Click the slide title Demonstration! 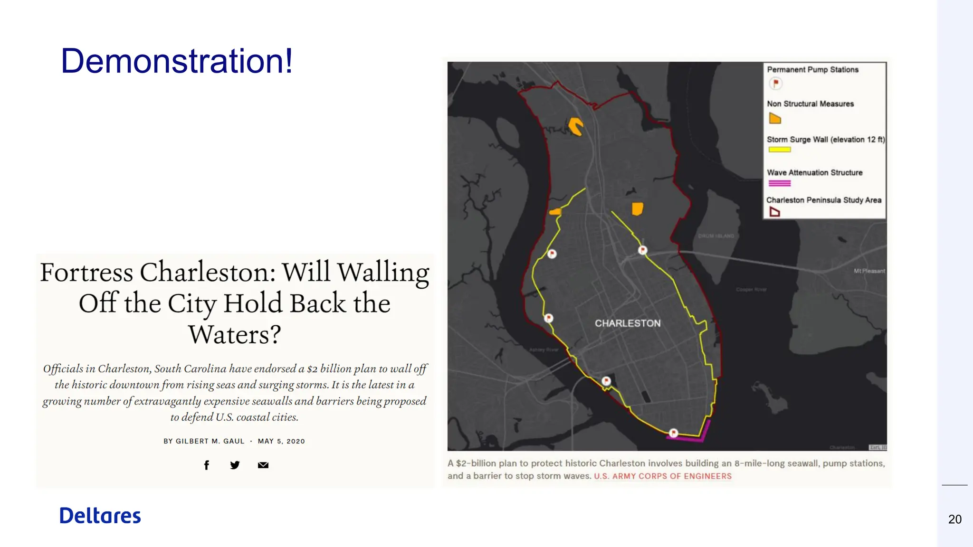[x=177, y=61]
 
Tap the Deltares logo [x=100, y=516]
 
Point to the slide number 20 [x=954, y=519]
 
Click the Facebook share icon [x=207, y=465]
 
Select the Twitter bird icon [x=235, y=465]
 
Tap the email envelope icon [x=263, y=465]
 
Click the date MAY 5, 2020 [x=281, y=441]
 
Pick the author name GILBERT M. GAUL [x=210, y=441]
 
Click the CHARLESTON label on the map [x=628, y=323]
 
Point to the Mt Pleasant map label [x=869, y=271]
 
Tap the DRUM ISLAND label [x=716, y=236]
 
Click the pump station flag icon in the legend [x=775, y=84]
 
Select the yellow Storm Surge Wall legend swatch [x=780, y=150]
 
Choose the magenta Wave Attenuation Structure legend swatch [x=780, y=183]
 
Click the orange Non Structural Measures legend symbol [x=775, y=118]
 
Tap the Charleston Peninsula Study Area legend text [x=824, y=200]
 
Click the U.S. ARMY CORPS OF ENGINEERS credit [x=663, y=476]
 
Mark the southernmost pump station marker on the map [x=674, y=433]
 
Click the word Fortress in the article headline [x=87, y=273]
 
